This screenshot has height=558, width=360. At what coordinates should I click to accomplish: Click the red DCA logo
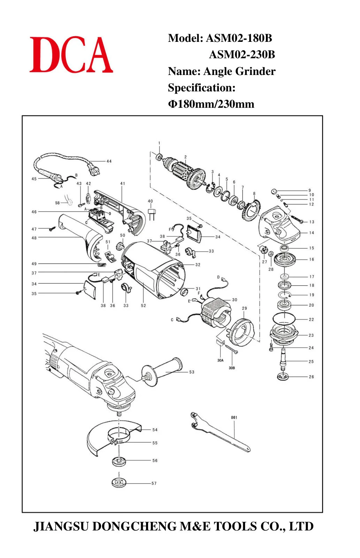tap(71, 54)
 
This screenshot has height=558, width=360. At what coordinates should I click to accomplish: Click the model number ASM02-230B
tap(242, 54)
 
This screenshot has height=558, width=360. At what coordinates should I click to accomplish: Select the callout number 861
tap(234, 417)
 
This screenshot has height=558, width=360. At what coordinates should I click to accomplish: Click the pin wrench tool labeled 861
tap(219, 432)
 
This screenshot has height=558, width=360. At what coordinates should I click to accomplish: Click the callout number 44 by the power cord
tap(109, 161)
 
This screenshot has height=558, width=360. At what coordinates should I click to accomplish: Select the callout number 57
tap(154, 483)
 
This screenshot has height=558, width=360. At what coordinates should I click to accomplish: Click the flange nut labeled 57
tap(119, 483)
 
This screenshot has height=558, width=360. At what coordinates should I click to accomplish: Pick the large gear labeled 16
tap(284, 259)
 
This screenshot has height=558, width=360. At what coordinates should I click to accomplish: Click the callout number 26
tap(311, 377)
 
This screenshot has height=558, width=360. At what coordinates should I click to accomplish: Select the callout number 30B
tap(231, 368)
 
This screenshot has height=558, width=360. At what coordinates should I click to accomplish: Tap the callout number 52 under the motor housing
tap(143, 306)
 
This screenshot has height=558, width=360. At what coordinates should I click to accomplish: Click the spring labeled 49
tap(101, 264)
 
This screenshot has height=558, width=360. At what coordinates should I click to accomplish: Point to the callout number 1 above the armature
tap(159, 143)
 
